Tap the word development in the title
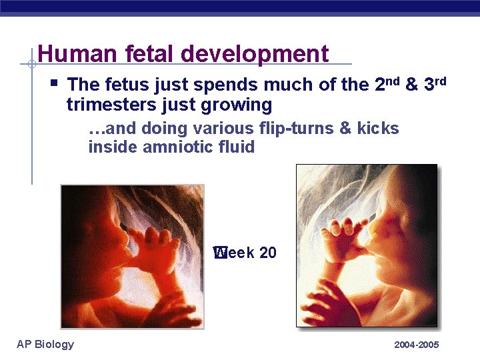253,54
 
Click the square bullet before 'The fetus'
54,84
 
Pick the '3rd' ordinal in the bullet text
434,84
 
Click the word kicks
378,128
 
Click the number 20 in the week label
267,253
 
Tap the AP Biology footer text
45,344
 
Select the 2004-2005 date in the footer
417,345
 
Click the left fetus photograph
132,257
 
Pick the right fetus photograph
367,247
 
